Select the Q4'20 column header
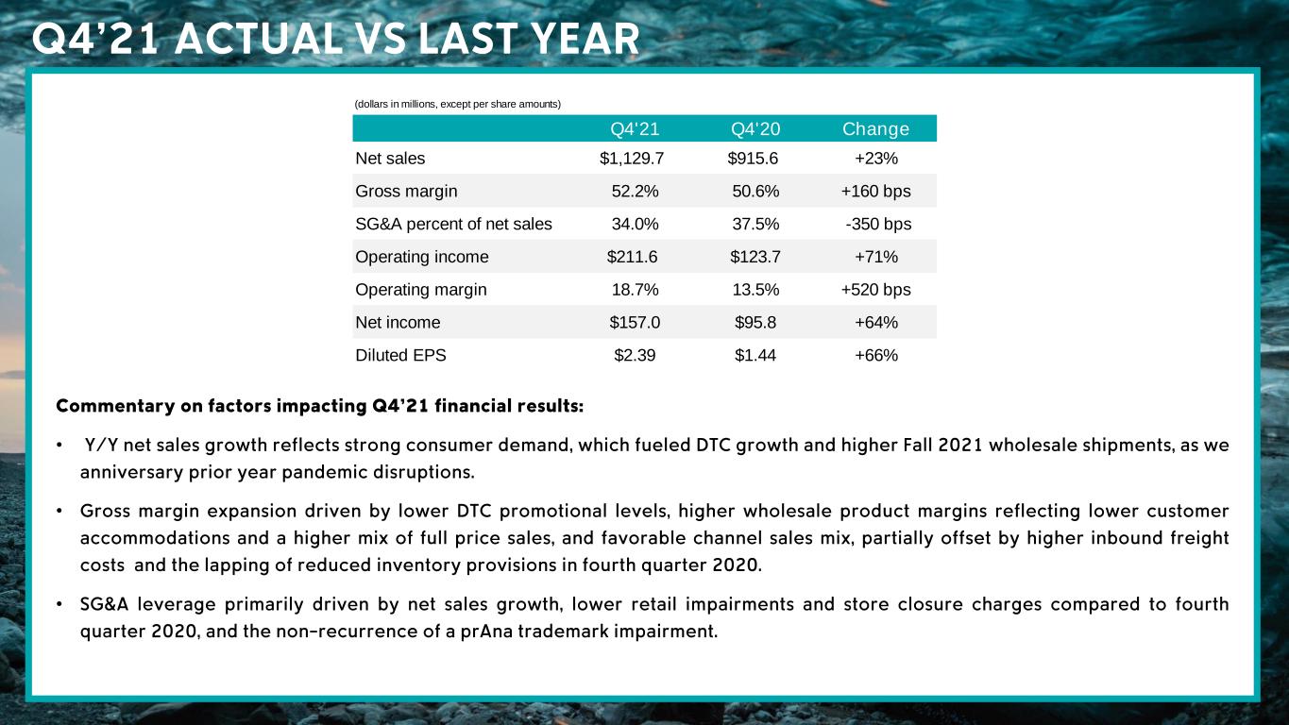[x=755, y=129]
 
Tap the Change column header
[x=875, y=129]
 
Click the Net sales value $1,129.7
[x=632, y=159]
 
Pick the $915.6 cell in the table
[x=753, y=159]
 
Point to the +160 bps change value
[x=875, y=192]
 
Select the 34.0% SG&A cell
[x=636, y=224]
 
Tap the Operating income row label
[x=421, y=257]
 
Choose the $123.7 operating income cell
[x=755, y=257]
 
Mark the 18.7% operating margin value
[x=636, y=290]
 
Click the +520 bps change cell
[x=875, y=290]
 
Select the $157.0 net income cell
[x=635, y=323]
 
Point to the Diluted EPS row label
[x=400, y=356]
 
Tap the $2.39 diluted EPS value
[x=635, y=356]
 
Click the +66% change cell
[x=875, y=356]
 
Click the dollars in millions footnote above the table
[x=457, y=103]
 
